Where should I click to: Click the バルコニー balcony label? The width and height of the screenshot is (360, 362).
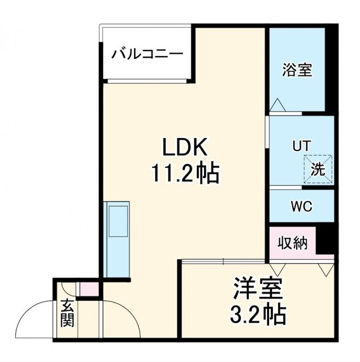(146, 55)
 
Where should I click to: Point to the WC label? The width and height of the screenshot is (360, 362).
(301, 206)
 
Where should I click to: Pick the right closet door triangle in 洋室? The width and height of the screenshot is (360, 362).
(326, 268)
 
